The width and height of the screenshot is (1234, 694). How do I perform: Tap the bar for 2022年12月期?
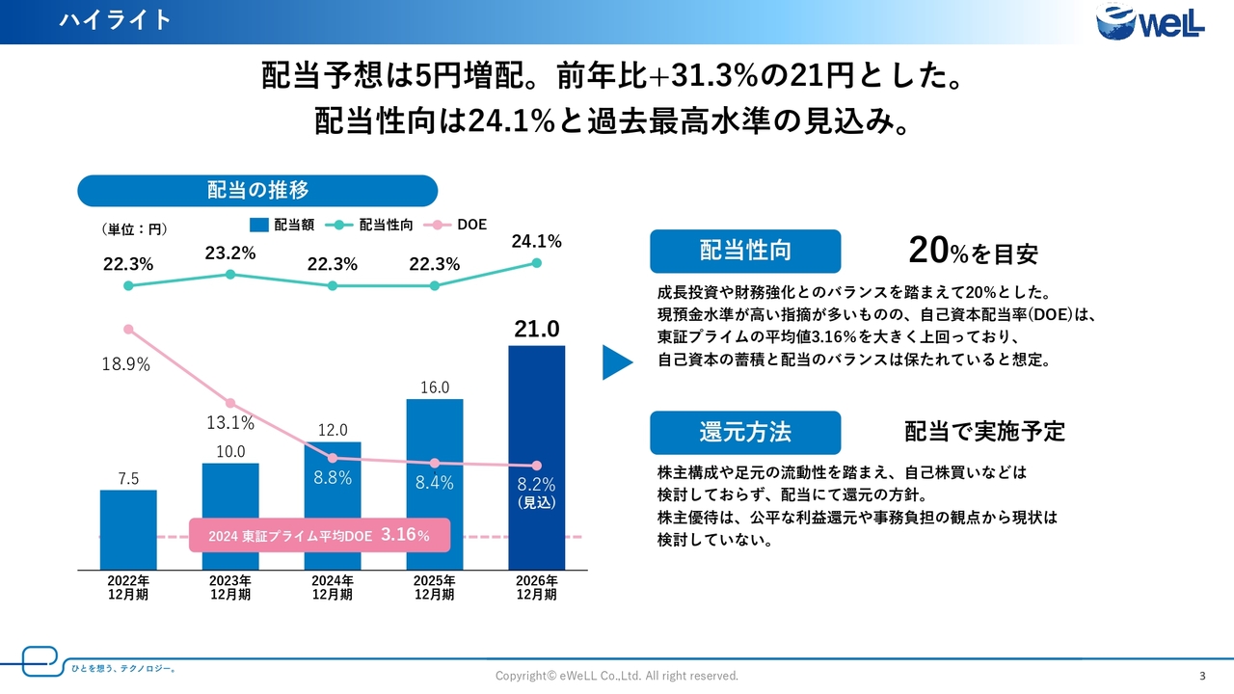[x=128, y=529]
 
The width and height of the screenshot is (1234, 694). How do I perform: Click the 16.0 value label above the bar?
[x=435, y=387]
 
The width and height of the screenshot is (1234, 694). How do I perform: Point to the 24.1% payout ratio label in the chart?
[x=536, y=242]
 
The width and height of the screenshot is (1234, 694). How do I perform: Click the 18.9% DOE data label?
[x=125, y=364]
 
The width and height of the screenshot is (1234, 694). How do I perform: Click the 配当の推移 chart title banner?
[x=257, y=191]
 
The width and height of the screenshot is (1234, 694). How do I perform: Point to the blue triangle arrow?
[x=617, y=362]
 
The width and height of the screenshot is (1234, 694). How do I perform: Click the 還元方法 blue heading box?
[x=745, y=433]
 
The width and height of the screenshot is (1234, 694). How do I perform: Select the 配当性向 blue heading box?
[x=745, y=252]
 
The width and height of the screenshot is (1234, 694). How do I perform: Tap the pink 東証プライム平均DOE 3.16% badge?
[x=320, y=535]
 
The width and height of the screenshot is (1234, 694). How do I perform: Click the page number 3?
[x=1202, y=675]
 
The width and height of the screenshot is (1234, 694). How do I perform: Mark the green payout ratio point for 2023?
[x=230, y=275]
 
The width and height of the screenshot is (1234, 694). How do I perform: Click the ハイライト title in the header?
[x=115, y=20]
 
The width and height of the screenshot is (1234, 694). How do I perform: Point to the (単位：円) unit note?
[x=134, y=229]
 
